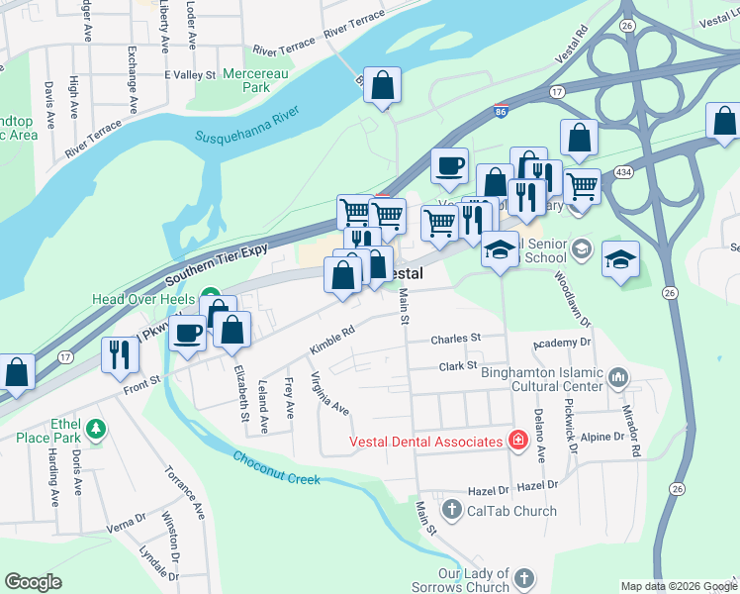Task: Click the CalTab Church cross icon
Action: point(452,511)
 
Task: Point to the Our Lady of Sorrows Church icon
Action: point(523,577)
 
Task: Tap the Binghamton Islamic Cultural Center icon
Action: point(619,376)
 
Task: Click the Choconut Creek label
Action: point(277,467)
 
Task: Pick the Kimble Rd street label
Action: point(331,339)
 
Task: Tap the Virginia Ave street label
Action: point(329,393)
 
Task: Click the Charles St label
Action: point(455,339)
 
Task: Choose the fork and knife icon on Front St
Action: point(120,353)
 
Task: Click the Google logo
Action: point(33,581)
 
